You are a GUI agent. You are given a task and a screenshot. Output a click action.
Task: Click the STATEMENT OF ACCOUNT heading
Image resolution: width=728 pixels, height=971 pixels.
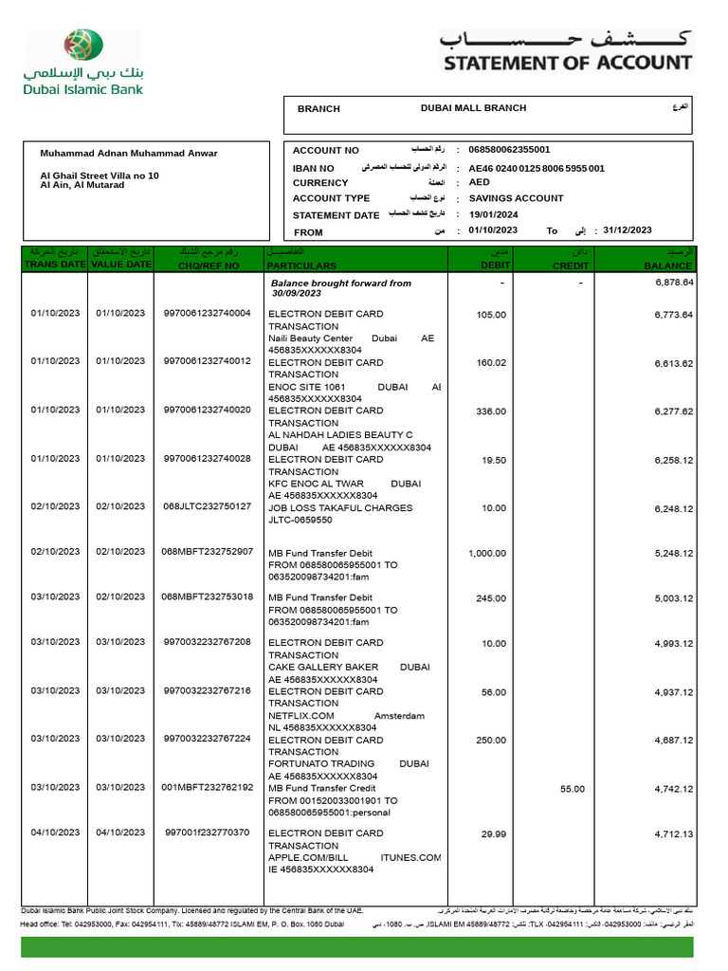point(568,64)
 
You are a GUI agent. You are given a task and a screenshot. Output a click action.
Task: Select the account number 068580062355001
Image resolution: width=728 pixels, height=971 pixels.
point(509,150)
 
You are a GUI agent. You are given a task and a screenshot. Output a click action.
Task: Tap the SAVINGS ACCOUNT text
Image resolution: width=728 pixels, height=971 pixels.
point(516,198)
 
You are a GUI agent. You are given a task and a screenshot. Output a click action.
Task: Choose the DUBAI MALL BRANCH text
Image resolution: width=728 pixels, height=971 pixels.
point(473,108)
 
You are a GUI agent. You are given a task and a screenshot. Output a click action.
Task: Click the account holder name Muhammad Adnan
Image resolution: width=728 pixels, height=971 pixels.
point(129,153)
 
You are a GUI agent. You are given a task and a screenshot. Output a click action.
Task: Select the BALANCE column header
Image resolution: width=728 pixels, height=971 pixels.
point(668,266)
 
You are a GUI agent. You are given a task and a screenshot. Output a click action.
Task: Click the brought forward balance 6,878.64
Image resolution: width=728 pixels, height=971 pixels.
point(674,283)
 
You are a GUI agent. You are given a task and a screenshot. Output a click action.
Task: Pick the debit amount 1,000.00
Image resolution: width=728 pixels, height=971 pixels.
point(487,554)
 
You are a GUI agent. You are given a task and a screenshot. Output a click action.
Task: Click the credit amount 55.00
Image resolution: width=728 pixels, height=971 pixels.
point(573,789)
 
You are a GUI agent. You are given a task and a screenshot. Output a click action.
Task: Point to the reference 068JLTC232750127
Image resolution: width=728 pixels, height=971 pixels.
point(207,507)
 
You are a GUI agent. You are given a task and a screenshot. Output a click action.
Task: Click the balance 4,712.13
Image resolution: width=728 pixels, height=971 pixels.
point(674,834)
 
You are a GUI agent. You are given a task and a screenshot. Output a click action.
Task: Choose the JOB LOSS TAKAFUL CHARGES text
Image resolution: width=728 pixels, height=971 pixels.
point(340,508)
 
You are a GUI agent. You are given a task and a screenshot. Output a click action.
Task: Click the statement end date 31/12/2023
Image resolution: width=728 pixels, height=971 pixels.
point(628,230)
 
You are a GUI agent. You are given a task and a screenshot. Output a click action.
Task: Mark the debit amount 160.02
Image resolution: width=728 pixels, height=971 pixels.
point(492,363)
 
